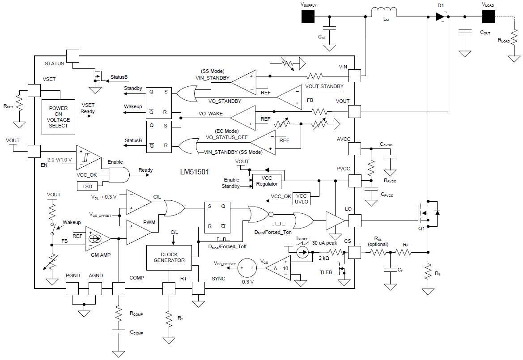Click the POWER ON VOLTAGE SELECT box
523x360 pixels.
(x=58, y=117)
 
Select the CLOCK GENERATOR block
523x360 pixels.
(x=169, y=257)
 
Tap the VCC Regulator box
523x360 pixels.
(x=267, y=181)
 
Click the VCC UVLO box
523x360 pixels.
(x=302, y=199)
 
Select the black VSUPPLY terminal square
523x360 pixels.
(x=308, y=17)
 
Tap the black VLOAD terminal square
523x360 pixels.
(x=488, y=17)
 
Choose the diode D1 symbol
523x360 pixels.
(x=440, y=17)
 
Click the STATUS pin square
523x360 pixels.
(x=72, y=56)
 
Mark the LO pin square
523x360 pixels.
(x=355, y=221)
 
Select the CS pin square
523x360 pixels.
(x=355, y=252)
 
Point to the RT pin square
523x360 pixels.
(x=169, y=288)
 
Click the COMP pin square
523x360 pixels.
(x=119, y=288)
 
